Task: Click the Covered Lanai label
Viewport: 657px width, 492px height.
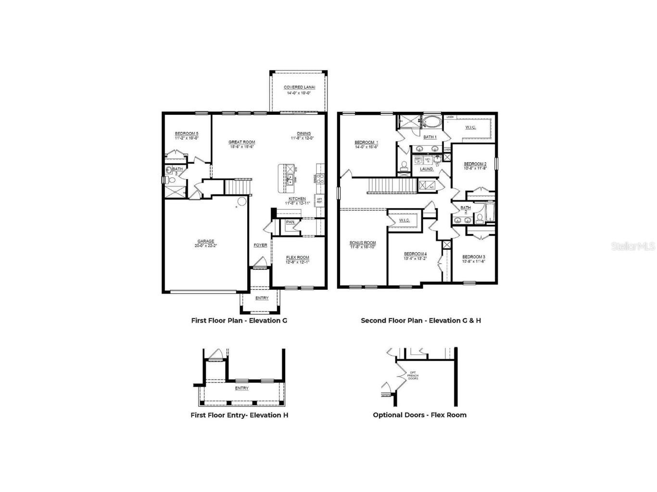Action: (x=299, y=87)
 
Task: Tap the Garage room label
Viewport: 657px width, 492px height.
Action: (x=206, y=242)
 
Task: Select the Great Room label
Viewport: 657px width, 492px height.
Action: (x=241, y=142)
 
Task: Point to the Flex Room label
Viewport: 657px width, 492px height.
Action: (x=298, y=258)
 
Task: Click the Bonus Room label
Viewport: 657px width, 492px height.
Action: (x=363, y=243)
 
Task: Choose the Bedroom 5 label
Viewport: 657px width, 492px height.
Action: (x=187, y=134)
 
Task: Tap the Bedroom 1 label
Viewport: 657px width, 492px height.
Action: (x=366, y=143)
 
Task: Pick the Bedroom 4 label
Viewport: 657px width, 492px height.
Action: (x=415, y=254)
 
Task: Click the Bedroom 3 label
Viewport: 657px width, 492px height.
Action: (x=474, y=257)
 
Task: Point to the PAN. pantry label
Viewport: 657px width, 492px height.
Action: (x=291, y=222)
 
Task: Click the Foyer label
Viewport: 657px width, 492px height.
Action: (x=260, y=246)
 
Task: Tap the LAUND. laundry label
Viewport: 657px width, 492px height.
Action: (x=427, y=169)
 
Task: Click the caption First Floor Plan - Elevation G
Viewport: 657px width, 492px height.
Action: (x=239, y=320)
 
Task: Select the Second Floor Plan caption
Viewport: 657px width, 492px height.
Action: (x=421, y=320)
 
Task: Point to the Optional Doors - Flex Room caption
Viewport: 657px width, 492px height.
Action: (x=419, y=415)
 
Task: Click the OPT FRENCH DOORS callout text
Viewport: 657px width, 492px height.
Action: (x=413, y=375)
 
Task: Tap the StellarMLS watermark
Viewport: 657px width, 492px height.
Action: (x=633, y=246)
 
